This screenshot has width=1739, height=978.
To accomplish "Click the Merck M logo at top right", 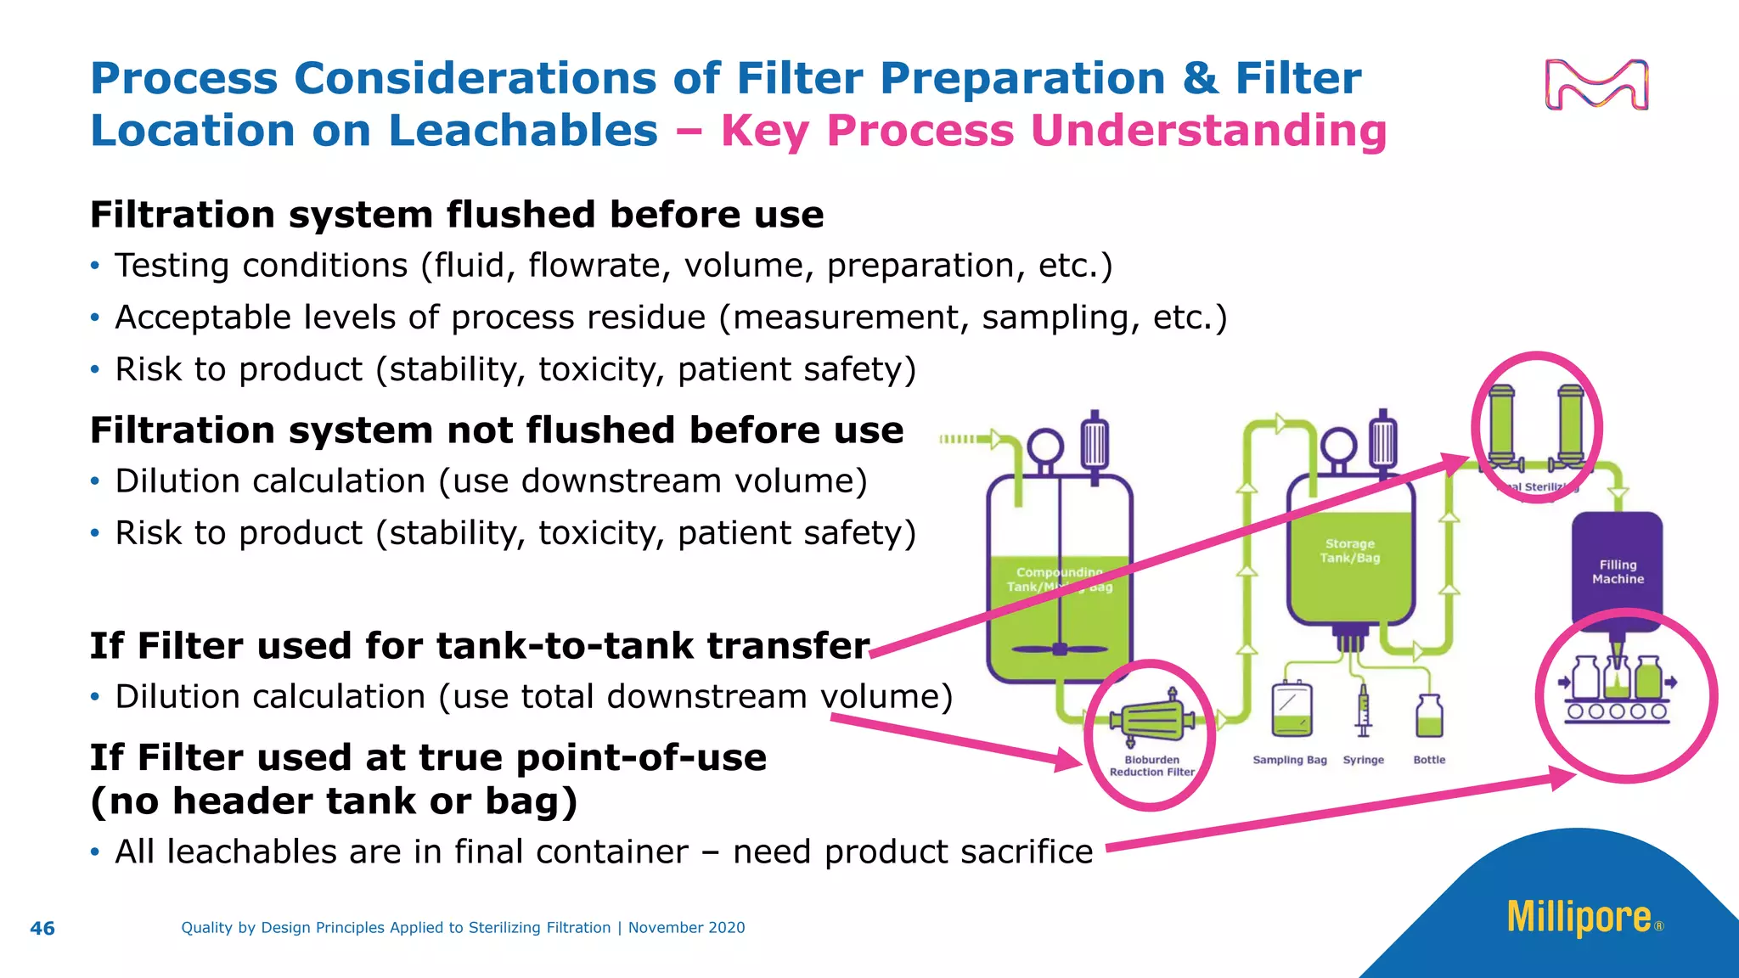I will tap(1596, 85).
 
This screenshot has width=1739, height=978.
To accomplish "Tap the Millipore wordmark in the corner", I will tap(1579, 918).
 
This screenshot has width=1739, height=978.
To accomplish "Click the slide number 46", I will tap(42, 928).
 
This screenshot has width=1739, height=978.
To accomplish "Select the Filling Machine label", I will tap(1618, 572).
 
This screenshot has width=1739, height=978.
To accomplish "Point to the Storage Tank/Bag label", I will tap(1349, 551).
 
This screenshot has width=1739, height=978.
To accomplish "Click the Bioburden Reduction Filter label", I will tap(1151, 766).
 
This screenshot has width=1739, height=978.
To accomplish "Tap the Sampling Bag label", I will tap(1289, 760).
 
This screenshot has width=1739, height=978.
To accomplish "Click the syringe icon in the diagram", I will tap(1363, 711).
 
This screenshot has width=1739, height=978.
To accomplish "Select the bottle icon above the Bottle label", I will tap(1429, 717).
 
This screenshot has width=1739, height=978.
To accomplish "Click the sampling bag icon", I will tap(1292, 710).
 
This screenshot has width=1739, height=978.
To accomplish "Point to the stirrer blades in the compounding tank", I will tap(1060, 649).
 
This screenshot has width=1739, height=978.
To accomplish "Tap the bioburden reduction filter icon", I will tap(1152, 721).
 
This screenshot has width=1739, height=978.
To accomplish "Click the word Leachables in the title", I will tap(522, 131).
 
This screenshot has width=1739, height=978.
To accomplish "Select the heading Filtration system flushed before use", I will tap(457, 214).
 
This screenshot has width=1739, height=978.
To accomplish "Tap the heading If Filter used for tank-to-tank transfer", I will tap(480, 645).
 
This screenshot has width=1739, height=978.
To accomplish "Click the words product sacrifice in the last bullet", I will tap(959, 852).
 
